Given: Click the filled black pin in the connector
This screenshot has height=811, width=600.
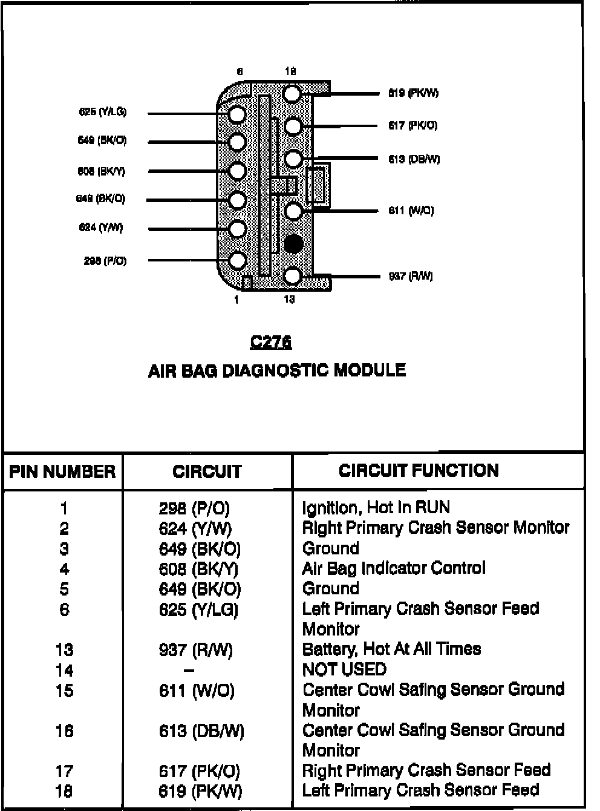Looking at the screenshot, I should pos(293,244).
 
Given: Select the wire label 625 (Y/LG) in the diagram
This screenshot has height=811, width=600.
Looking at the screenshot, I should pos(103,112).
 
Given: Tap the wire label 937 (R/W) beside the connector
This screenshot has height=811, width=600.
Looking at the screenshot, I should pos(411,277).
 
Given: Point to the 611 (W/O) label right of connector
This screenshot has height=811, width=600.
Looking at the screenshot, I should pos(411,211).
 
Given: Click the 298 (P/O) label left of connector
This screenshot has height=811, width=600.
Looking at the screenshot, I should pos(105,261).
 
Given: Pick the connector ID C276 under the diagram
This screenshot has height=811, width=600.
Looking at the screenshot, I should pos(270,342).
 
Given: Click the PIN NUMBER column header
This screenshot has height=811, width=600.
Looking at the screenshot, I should pos(62,471).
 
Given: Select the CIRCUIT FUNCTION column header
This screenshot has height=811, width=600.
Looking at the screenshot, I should pos(419,470).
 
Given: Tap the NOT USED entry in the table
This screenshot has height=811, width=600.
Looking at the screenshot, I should pos(344,669).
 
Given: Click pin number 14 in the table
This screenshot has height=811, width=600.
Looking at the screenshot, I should pos(64,671).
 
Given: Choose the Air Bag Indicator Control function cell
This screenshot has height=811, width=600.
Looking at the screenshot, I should pos(393,568).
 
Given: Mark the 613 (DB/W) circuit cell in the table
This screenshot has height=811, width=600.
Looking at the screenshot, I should pos(201,731).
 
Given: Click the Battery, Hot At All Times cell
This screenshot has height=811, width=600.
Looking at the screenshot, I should pos(391,649).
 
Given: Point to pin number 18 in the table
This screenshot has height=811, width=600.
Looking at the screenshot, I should pos(64,791).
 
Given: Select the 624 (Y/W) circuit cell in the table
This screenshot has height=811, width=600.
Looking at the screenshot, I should pos(195,529).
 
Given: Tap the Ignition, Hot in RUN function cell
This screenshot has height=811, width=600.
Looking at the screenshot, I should pos(376,507).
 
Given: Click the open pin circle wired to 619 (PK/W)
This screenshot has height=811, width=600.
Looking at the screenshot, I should pos(292,94).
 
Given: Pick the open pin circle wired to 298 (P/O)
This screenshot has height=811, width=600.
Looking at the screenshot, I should pos(237,261).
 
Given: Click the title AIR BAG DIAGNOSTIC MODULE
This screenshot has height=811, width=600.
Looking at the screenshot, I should pos(276,370).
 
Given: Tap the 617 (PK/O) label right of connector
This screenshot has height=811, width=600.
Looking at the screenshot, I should pos(412,125).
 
